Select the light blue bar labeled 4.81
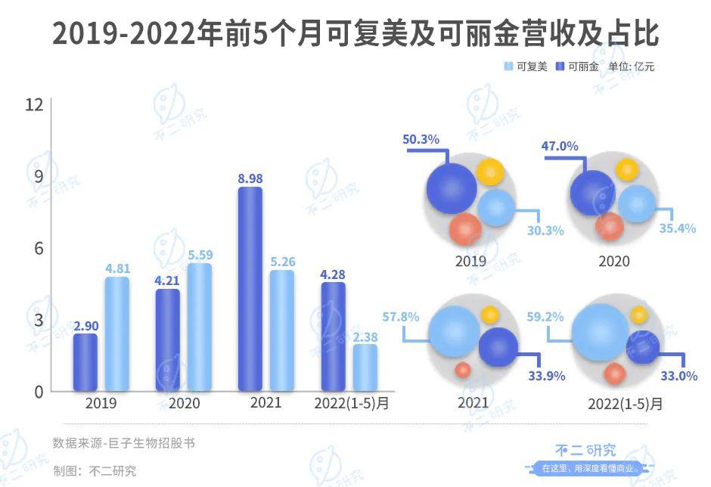(x=116, y=334)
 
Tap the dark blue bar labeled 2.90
(x=85, y=362)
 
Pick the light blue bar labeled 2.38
(x=365, y=368)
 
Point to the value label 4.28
(x=333, y=274)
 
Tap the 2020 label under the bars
(x=184, y=403)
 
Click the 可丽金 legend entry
(x=577, y=67)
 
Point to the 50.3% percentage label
(x=421, y=139)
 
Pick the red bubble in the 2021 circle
(x=463, y=370)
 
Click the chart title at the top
(x=355, y=35)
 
